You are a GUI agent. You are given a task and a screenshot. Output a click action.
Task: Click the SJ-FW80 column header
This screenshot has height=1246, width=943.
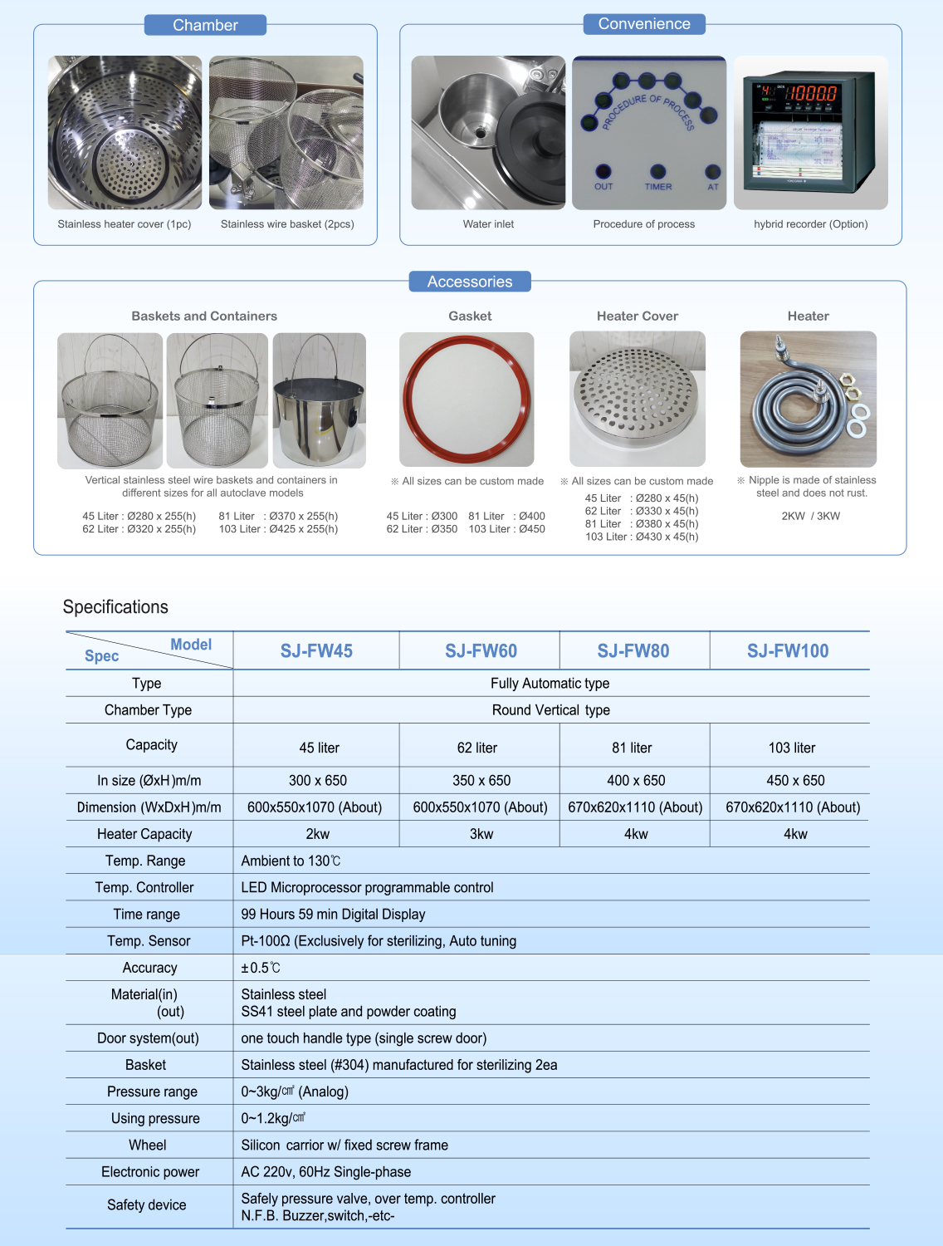click(x=633, y=651)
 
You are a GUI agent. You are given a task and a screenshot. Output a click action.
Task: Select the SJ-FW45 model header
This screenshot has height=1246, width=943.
click(x=316, y=651)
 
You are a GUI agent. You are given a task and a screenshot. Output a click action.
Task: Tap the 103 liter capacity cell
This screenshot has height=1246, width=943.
click(x=792, y=748)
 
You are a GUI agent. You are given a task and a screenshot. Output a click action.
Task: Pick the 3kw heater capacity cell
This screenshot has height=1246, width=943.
click(x=481, y=834)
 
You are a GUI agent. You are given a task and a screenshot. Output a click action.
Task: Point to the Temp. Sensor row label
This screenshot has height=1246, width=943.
click(x=149, y=941)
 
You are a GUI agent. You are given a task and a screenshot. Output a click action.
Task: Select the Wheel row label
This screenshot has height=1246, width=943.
click(x=148, y=1145)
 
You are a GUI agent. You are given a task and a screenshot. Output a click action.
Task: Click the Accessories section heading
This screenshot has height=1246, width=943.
click(x=470, y=282)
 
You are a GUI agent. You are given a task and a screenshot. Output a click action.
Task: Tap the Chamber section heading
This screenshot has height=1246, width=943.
click(x=205, y=25)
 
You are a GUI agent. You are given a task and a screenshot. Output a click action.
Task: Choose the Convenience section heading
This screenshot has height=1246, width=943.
click(x=644, y=24)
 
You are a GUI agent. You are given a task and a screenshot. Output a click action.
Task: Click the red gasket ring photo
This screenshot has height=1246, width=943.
click(x=467, y=400)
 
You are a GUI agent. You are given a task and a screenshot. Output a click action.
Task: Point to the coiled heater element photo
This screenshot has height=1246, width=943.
click(x=808, y=400)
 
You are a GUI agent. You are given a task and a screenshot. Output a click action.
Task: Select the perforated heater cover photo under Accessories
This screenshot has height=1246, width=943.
click(x=638, y=400)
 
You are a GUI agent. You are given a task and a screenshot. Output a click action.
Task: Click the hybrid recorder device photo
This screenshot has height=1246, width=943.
click(x=810, y=133)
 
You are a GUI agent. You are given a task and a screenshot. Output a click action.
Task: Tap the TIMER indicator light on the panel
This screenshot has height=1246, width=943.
click(x=657, y=172)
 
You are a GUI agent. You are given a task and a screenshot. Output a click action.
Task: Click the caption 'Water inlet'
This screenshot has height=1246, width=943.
click(x=488, y=224)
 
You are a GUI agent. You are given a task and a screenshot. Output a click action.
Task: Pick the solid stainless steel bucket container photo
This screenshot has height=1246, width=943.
click(x=320, y=400)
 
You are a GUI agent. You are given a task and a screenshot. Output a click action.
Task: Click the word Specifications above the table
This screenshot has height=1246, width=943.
click(x=115, y=607)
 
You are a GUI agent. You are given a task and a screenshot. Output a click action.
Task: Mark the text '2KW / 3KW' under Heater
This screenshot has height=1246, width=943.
click(x=810, y=516)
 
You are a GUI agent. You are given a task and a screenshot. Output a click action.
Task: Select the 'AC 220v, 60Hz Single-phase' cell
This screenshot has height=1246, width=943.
click(x=326, y=1172)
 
